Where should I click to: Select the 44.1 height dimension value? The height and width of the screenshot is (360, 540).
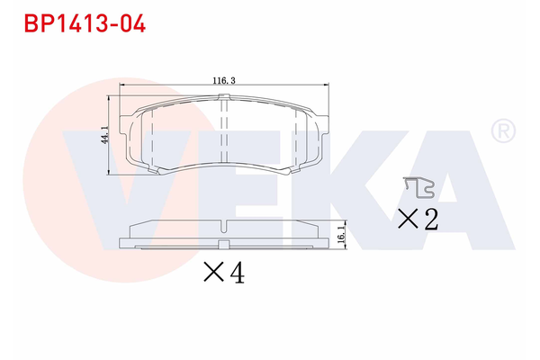pyautogui.click(x=104, y=135)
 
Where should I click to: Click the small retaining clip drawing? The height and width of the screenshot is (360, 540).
pyautogui.click(x=419, y=186)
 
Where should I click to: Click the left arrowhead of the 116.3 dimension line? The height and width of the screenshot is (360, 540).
pyautogui.click(x=122, y=86)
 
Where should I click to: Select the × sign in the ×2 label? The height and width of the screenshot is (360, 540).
pyautogui.click(x=407, y=219)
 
